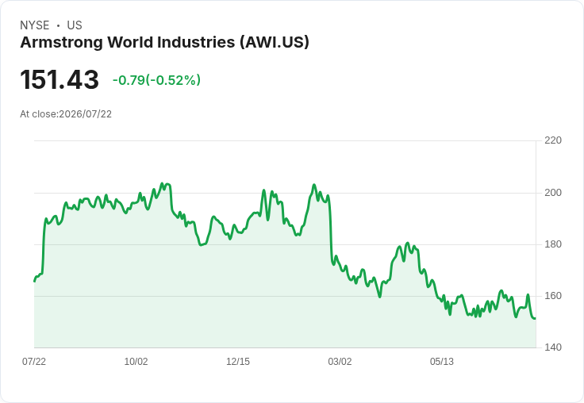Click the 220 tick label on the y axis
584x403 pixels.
pos(553,140)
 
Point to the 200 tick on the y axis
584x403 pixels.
pos(553,193)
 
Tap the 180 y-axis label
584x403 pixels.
pos(553,244)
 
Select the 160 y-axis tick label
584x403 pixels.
pos(553,296)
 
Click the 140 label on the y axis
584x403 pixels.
pos(553,347)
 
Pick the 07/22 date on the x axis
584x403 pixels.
pos(34,362)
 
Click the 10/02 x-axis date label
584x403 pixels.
pos(136,362)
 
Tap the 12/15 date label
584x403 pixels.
pos(238,362)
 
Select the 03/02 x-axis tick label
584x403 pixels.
pos(340,362)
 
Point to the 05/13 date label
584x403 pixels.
pos(442,362)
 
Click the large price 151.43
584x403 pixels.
pos(60,79)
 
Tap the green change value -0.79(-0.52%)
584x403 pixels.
pos(156,80)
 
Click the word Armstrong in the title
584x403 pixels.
pos(61,43)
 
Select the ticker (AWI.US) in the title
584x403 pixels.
pos(274,43)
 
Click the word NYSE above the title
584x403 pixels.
pos(35,25)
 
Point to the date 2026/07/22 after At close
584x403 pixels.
pos(85,114)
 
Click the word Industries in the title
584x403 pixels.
pos(196,42)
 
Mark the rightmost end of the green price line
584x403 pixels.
pos(536,318)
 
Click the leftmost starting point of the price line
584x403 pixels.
pos(35,281)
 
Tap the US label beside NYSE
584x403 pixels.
pos(75,25)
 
